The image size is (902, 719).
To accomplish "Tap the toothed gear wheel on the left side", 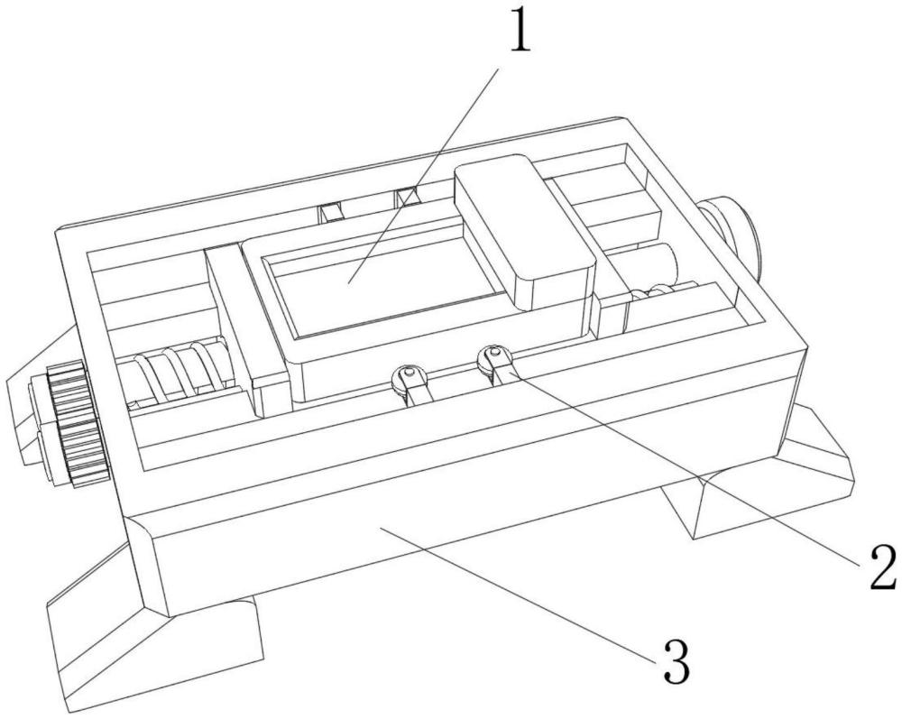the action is (78, 424).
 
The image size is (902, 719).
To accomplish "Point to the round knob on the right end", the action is (732, 235).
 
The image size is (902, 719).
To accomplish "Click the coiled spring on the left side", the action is (183, 370).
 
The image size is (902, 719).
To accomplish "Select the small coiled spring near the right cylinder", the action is (661, 291).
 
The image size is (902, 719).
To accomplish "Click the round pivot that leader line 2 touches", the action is (492, 359).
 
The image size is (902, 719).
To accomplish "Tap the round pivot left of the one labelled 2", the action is (409, 379).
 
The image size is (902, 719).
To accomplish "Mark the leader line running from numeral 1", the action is (423, 174).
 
